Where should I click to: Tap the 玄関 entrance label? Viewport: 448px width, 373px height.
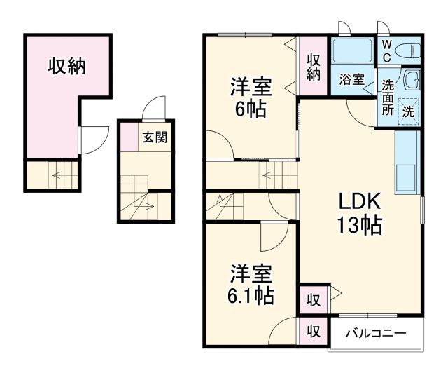155,137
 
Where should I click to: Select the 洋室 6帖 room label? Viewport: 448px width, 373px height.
249,98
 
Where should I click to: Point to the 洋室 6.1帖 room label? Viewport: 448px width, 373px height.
249,285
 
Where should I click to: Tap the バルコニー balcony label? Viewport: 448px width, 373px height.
374,332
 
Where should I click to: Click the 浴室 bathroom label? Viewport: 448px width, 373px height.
351,79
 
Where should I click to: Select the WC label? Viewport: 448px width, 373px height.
386,50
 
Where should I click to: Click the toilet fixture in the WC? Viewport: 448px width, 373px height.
410,50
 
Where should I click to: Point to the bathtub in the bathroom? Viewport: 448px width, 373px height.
353,51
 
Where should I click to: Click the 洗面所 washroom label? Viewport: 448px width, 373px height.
387,98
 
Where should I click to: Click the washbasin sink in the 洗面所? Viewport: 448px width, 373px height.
412,80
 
